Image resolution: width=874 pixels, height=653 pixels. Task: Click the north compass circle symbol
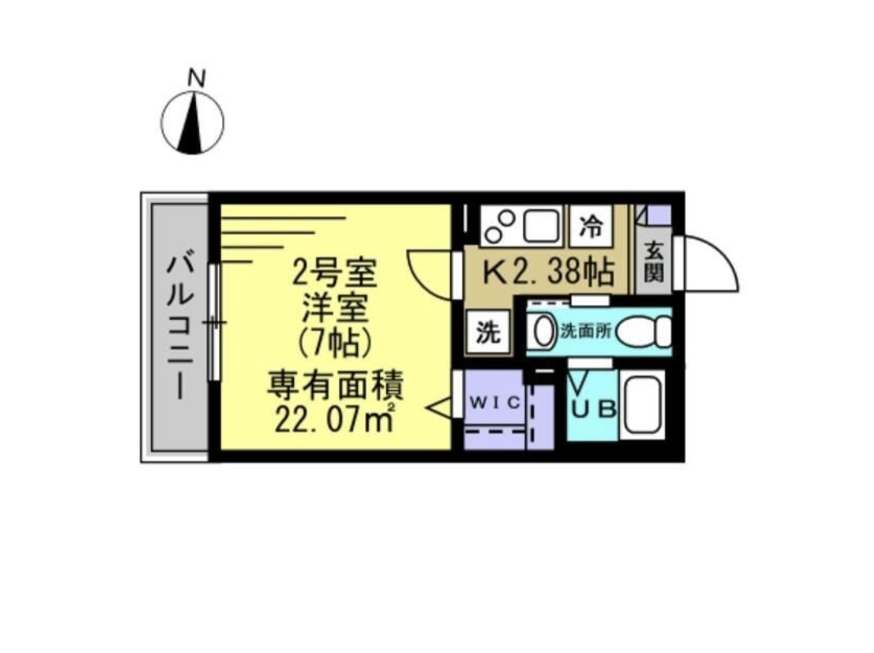click(x=193, y=124)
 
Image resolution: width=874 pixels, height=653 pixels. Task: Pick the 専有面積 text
click(x=335, y=385)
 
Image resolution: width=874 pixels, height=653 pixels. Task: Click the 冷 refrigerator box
click(x=590, y=226)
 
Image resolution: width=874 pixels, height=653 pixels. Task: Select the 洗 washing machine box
click(x=488, y=333)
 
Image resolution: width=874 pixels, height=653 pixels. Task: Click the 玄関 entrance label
click(x=653, y=263)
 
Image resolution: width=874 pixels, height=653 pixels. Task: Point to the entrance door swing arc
click(x=713, y=263)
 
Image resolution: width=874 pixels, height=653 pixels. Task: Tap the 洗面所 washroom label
click(x=585, y=331)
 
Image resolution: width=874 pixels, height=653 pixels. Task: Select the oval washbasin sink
click(x=543, y=331)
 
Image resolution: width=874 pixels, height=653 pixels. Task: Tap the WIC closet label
click(x=495, y=403)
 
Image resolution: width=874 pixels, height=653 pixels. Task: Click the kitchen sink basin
click(x=540, y=225)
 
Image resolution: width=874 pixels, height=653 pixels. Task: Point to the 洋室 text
click(x=335, y=307)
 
